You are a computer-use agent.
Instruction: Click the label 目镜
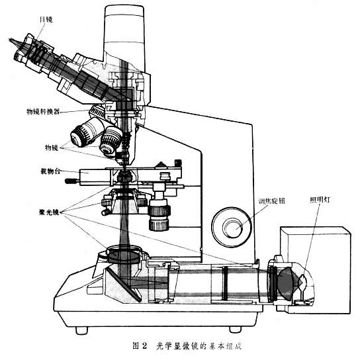[x=46, y=20]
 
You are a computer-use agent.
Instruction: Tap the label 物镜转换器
[x=43, y=112]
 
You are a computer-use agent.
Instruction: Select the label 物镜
[x=52, y=148]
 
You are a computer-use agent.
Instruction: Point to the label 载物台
[x=50, y=171]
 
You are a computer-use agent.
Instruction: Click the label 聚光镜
[x=49, y=212]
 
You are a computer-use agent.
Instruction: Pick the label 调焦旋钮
[x=271, y=201]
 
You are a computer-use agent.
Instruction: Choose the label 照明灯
[x=320, y=200]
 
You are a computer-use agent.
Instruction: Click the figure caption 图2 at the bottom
[x=140, y=345]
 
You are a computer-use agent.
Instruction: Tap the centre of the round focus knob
[x=232, y=227]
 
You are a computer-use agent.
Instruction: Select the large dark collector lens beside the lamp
[x=286, y=283]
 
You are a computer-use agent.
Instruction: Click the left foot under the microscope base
[x=82, y=330]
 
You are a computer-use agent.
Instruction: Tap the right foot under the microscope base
[x=236, y=329]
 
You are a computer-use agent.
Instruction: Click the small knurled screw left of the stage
[x=71, y=181]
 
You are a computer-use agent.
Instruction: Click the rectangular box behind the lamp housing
[x=316, y=270]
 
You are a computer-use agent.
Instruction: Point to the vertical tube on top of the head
[x=124, y=37]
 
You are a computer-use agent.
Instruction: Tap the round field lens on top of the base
[x=124, y=254]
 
